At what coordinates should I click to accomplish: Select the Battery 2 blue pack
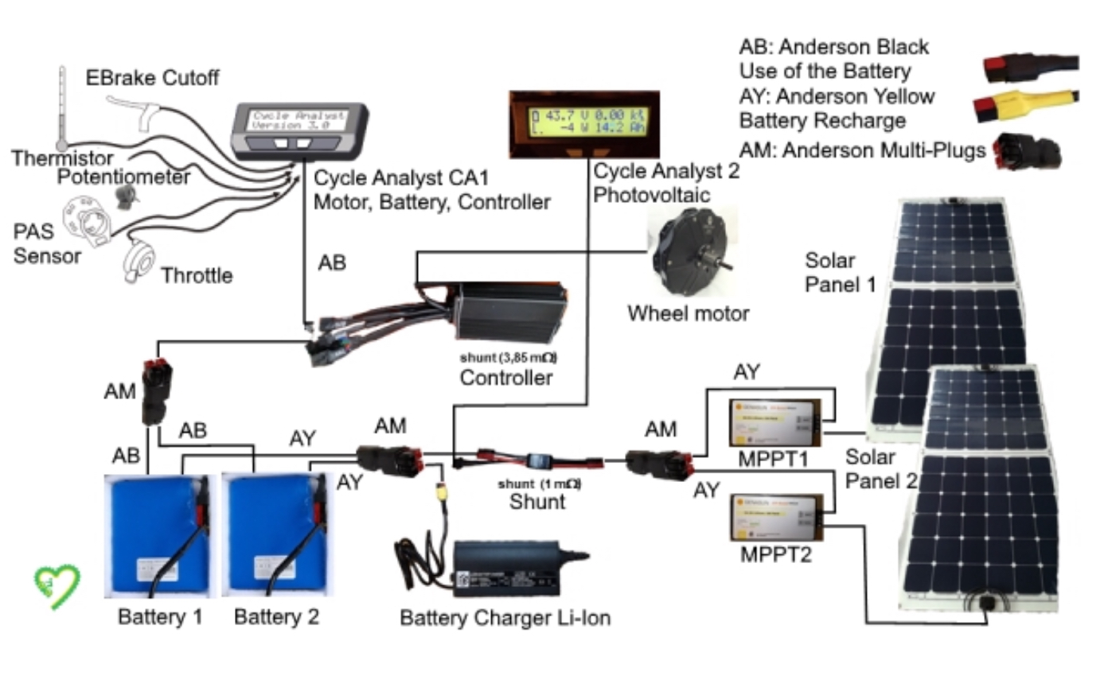click(x=275, y=534)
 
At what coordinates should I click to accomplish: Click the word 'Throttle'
click(x=197, y=276)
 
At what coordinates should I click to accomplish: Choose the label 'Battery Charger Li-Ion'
click(x=505, y=617)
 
